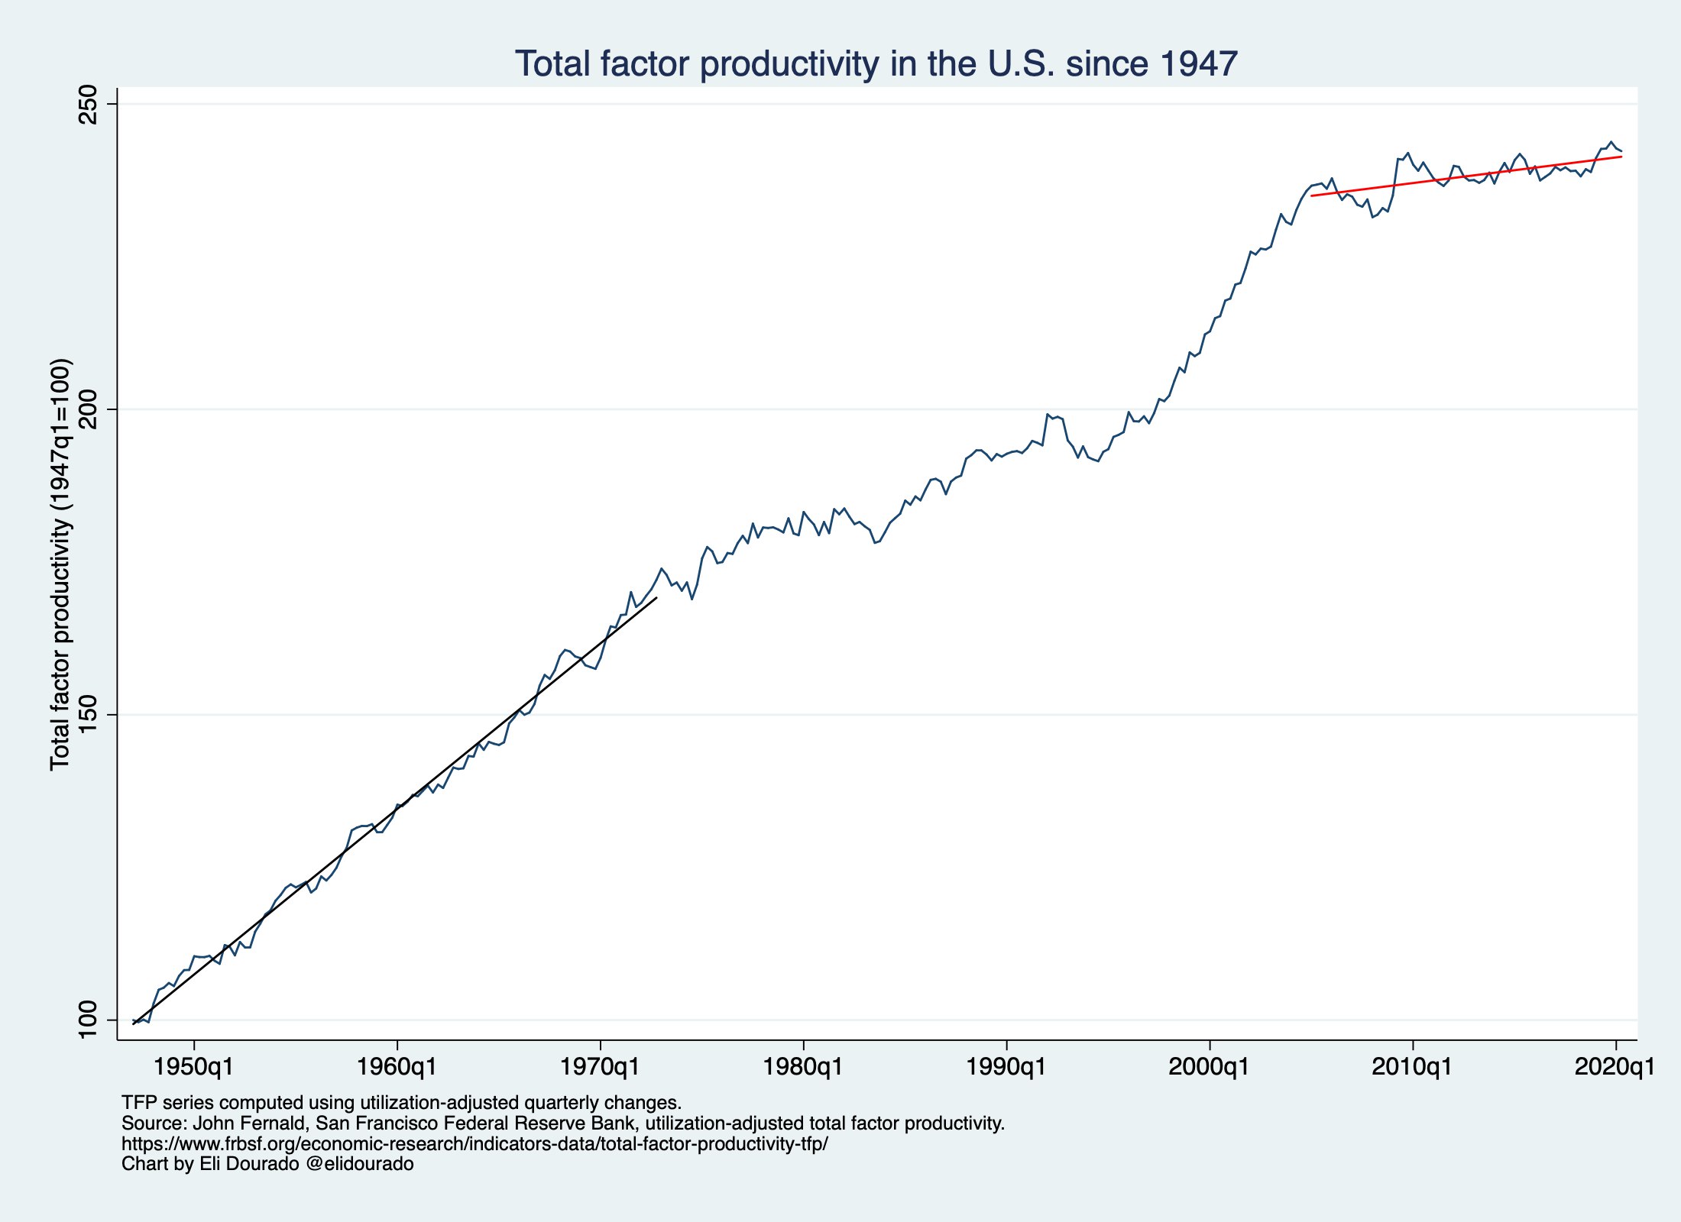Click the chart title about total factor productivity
[x=876, y=63]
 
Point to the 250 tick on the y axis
[x=89, y=104]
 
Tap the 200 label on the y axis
[x=89, y=409]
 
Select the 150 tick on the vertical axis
[x=89, y=715]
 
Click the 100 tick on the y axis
[x=89, y=1020]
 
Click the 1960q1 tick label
[x=397, y=1067]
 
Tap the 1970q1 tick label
[x=601, y=1067]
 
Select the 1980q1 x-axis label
[x=803, y=1067]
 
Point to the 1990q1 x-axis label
[x=1006, y=1067]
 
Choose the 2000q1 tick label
[x=1210, y=1067]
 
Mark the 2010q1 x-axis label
[x=1412, y=1067]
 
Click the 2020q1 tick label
[x=1615, y=1067]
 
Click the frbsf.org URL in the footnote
[x=475, y=1144]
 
